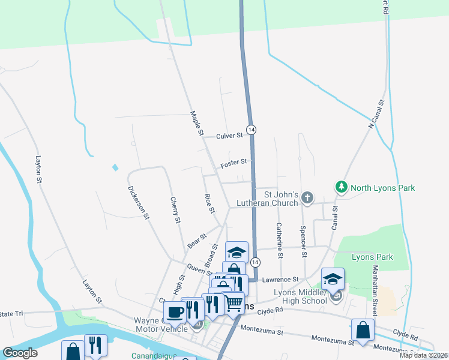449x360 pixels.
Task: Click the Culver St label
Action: click(x=229, y=136)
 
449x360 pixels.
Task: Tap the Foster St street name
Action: click(x=234, y=163)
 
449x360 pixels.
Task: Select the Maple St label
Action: click(x=197, y=123)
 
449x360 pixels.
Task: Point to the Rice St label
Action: click(x=209, y=203)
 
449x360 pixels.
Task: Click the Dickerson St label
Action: click(x=137, y=202)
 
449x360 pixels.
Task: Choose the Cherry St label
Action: click(x=175, y=210)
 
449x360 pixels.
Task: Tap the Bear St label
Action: click(x=196, y=241)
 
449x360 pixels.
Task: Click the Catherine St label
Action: click(x=280, y=241)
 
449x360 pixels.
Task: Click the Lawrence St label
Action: click(x=280, y=280)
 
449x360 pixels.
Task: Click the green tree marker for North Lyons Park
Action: click(x=342, y=187)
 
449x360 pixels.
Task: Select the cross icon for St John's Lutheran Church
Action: click(x=307, y=197)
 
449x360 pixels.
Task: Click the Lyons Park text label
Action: click(x=372, y=257)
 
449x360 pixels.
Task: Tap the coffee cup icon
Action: click(x=175, y=312)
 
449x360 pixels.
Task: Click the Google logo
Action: click(x=20, y=353)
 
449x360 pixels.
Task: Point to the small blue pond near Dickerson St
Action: click(x=115, y=167)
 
